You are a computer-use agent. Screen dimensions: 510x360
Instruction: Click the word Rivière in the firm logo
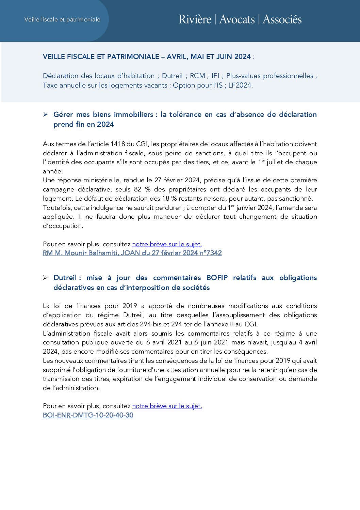[x=195, y=19]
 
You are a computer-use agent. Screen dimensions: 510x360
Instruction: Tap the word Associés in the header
[x=282, y=19]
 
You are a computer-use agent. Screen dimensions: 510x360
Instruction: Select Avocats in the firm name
[x=237, y=19]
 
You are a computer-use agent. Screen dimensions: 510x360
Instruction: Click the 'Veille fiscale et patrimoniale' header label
[x=62, y=19]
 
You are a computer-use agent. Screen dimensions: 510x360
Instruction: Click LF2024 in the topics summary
[x=240, y=85]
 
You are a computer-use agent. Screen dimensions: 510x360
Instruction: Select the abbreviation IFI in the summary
[x=215, y=76]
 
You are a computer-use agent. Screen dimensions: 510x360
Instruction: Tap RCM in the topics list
[x=197, y=76]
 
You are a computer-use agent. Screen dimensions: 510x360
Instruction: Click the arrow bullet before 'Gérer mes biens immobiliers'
[x=45, y=114]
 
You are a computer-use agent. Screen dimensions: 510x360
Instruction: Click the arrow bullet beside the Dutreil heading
[x=45, y=278]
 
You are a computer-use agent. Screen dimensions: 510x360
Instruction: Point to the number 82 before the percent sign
[x=138, y=189]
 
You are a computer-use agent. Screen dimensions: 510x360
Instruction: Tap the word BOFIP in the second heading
[x=217, y=278]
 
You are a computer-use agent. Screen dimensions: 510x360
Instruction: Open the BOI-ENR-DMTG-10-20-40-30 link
[x=88, y=415]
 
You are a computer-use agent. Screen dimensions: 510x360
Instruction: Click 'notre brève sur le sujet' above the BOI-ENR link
[x=167, y=406]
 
